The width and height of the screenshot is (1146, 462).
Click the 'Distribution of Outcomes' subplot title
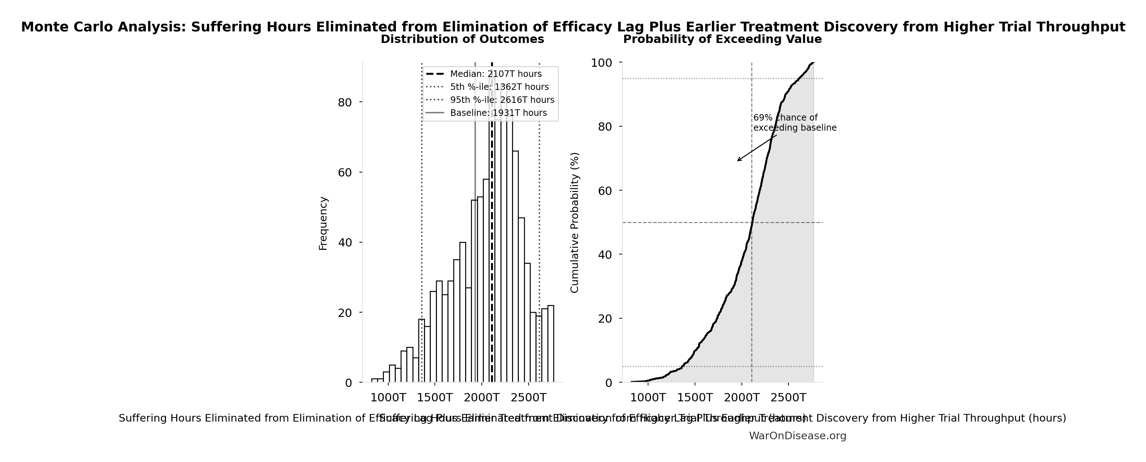[x=462, y=39]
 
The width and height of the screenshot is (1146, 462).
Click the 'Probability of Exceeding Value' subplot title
[x=722, y=39]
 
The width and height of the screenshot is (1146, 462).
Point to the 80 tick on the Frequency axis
[x=345, y=103]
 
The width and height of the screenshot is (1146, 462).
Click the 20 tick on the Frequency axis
[x=345, y=313]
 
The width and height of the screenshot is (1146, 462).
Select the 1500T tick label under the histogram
[x=435, y=397]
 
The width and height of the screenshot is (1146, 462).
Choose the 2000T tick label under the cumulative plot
[x=742, y=397]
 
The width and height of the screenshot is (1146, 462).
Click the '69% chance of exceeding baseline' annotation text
[x=794, y=123]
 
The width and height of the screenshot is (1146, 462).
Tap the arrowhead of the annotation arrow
[x=738, y=161]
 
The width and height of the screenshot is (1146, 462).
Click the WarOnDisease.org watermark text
[x=797, y=436]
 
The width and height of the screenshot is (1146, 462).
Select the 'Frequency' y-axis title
[x=323, y=223]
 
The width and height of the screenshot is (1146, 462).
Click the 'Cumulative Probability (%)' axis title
[x=574, y=223]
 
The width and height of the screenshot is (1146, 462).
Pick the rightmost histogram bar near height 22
[x=551, y=344]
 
